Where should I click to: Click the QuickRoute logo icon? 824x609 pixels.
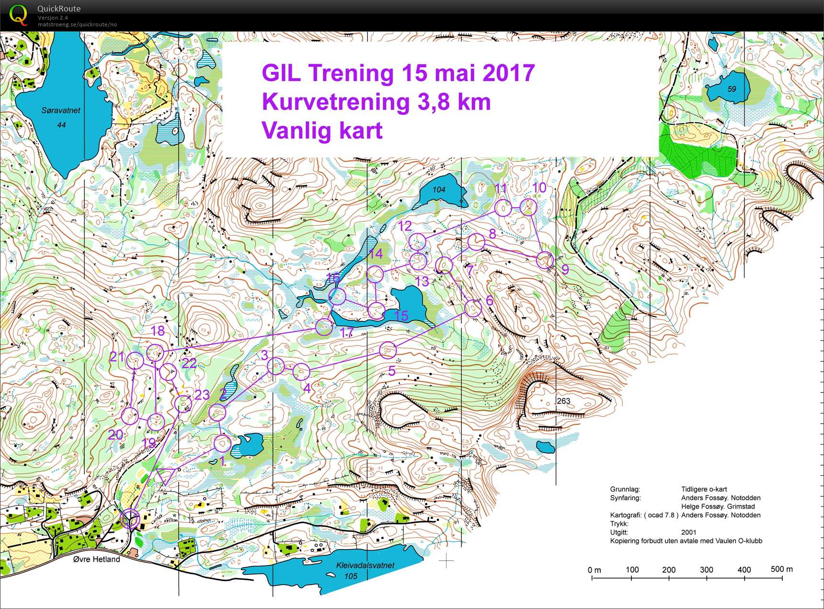tap(18, 14)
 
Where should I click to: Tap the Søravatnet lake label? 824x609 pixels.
tap(61, 111)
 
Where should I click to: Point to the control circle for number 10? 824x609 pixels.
tap(528, 207)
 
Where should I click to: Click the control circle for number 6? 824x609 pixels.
tap(473, 308)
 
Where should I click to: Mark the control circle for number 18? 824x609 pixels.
tap(155, 353)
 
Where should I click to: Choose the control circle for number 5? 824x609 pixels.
tap(388, 351)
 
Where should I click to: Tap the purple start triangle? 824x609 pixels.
tap(165, 476)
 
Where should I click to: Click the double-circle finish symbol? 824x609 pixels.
tap(129, 518)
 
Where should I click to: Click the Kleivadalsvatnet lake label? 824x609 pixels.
tap(365, 565)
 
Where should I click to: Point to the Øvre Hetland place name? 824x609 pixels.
tap(97, 559)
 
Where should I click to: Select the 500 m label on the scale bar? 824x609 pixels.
tap(781, 569)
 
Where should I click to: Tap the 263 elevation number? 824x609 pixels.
tap(563, 401)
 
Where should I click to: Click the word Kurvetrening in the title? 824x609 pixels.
tap(335, 102)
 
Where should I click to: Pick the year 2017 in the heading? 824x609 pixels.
tap(508, 73)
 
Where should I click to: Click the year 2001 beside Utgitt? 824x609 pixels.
tap(688, 532)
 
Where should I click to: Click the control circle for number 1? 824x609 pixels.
tap(222, 444)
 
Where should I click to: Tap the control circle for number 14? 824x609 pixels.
tap(375, 274)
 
